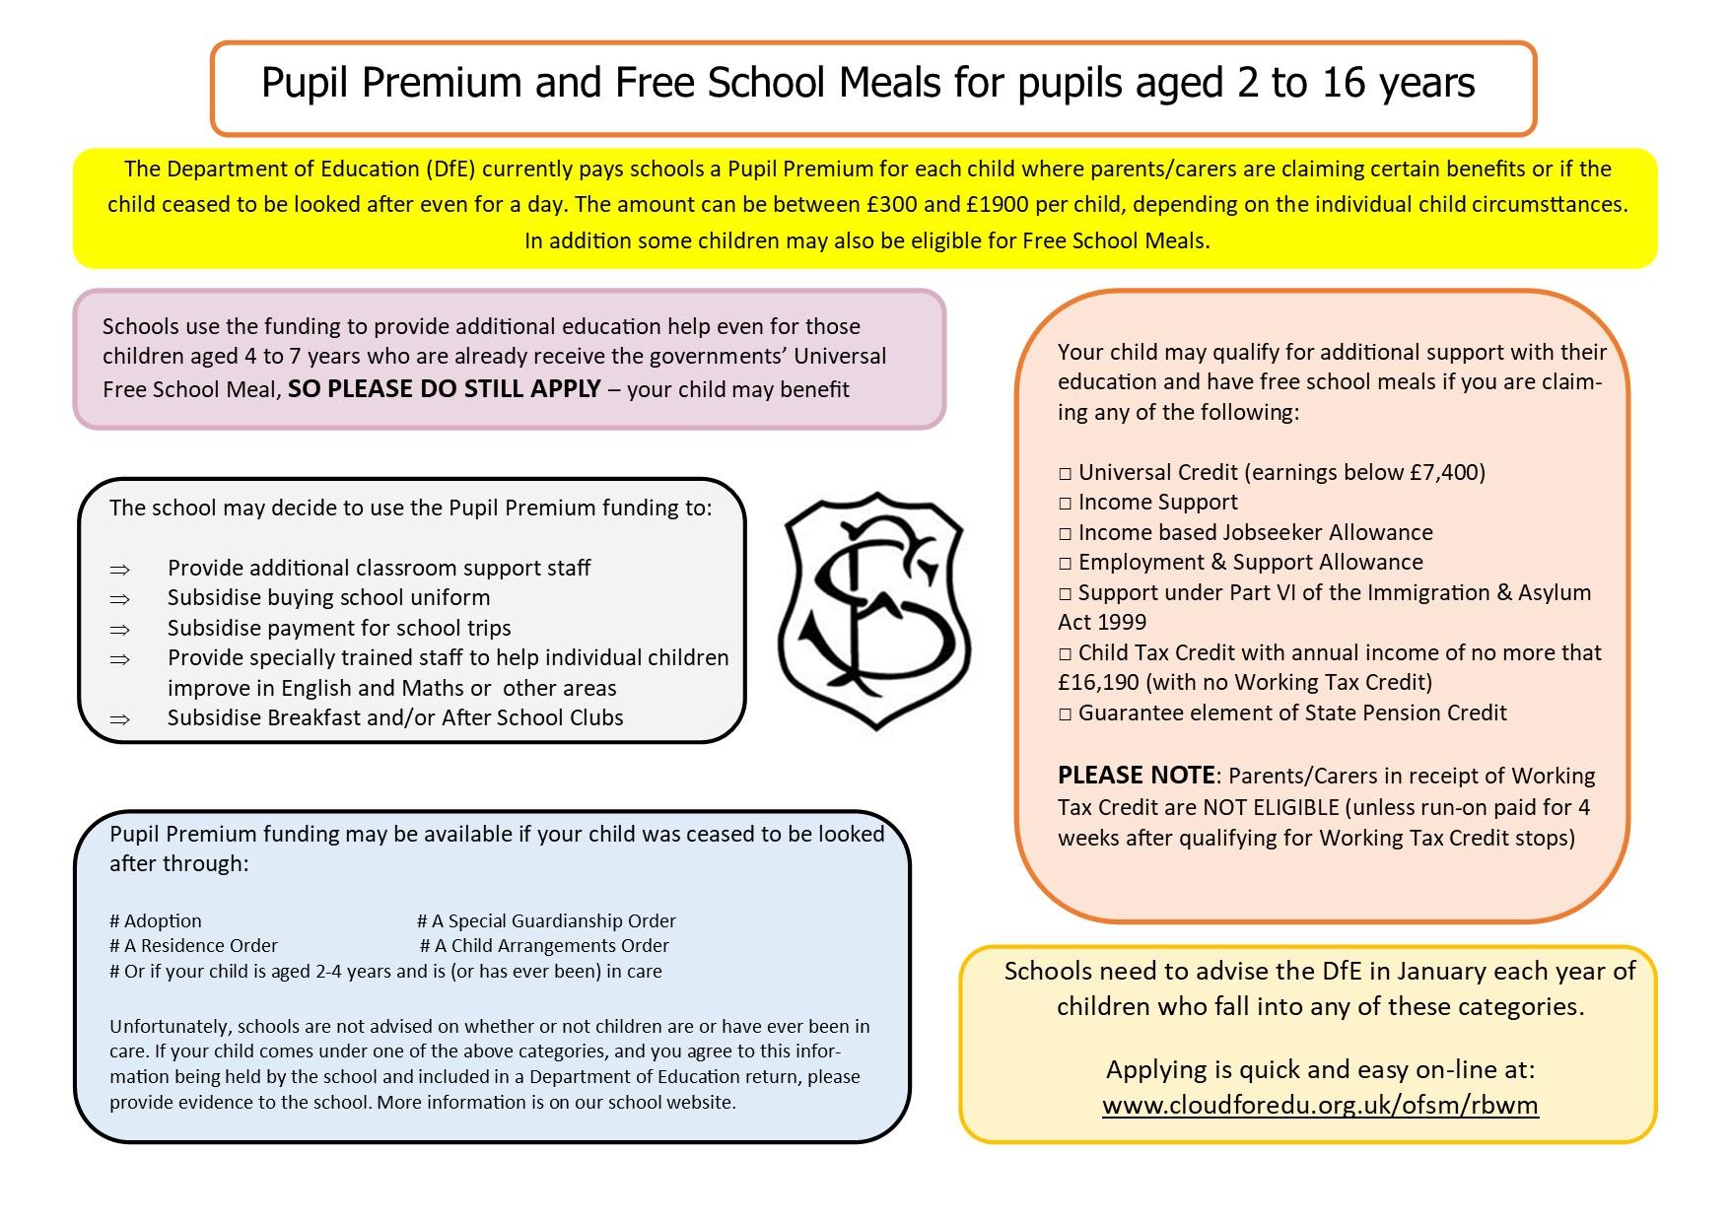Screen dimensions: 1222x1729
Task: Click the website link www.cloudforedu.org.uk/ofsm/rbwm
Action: pos(1320,1105)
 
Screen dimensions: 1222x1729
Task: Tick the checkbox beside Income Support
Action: pos(1065,504)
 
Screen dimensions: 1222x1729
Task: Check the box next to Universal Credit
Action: pos(1065,474)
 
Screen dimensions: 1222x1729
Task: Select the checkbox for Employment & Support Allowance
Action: pos(1065,564)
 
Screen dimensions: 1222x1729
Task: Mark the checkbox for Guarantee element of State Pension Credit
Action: pos(1065,714)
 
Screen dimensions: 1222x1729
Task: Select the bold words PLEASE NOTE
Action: pos(1136,776)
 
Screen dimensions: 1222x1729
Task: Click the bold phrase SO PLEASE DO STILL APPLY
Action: pos(444,389)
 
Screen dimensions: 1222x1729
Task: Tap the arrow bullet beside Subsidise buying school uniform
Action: pos(120,599)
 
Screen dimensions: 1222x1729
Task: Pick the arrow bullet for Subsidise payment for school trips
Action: pos(120,630)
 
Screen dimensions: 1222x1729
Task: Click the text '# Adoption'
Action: pos(156,921)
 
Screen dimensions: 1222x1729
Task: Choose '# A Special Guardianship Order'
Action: pos(546,921)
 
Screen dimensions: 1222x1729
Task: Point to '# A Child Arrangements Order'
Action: pos(544,946)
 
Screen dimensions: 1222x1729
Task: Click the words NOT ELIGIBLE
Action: pos(1271,808)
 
